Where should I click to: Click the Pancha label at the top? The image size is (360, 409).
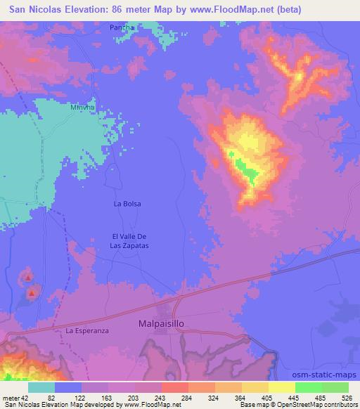pos(122,27)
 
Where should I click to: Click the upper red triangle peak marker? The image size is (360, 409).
pos(28,278)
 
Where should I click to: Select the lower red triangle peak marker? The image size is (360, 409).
pos(32,292)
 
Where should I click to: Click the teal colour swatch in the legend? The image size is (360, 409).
pos(41,388)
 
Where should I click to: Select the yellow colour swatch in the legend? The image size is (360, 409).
pos(281,388)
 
